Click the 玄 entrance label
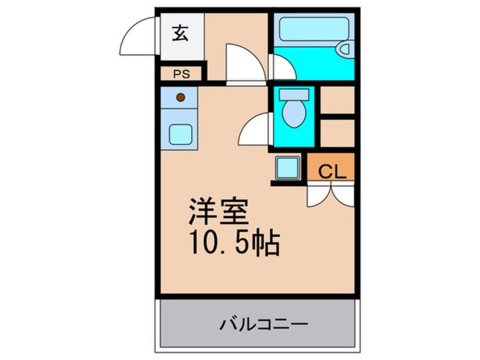click(180, 33)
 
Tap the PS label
click(182, 74)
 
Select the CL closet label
click(332, 172)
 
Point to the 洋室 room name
click(218, 211)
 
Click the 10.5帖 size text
click(234, 242)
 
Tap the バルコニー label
click(264, 324)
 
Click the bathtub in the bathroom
click(314, 29)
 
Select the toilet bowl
click(294, 113)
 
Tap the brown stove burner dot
click(181, 98)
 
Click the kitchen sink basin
click(180, 134)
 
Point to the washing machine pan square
click(288, 168)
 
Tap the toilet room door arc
click(255, 129)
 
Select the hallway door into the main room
click(246, 64)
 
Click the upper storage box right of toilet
click(338, 100)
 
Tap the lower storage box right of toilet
click(338, 133)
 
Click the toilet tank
click(294, 94)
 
